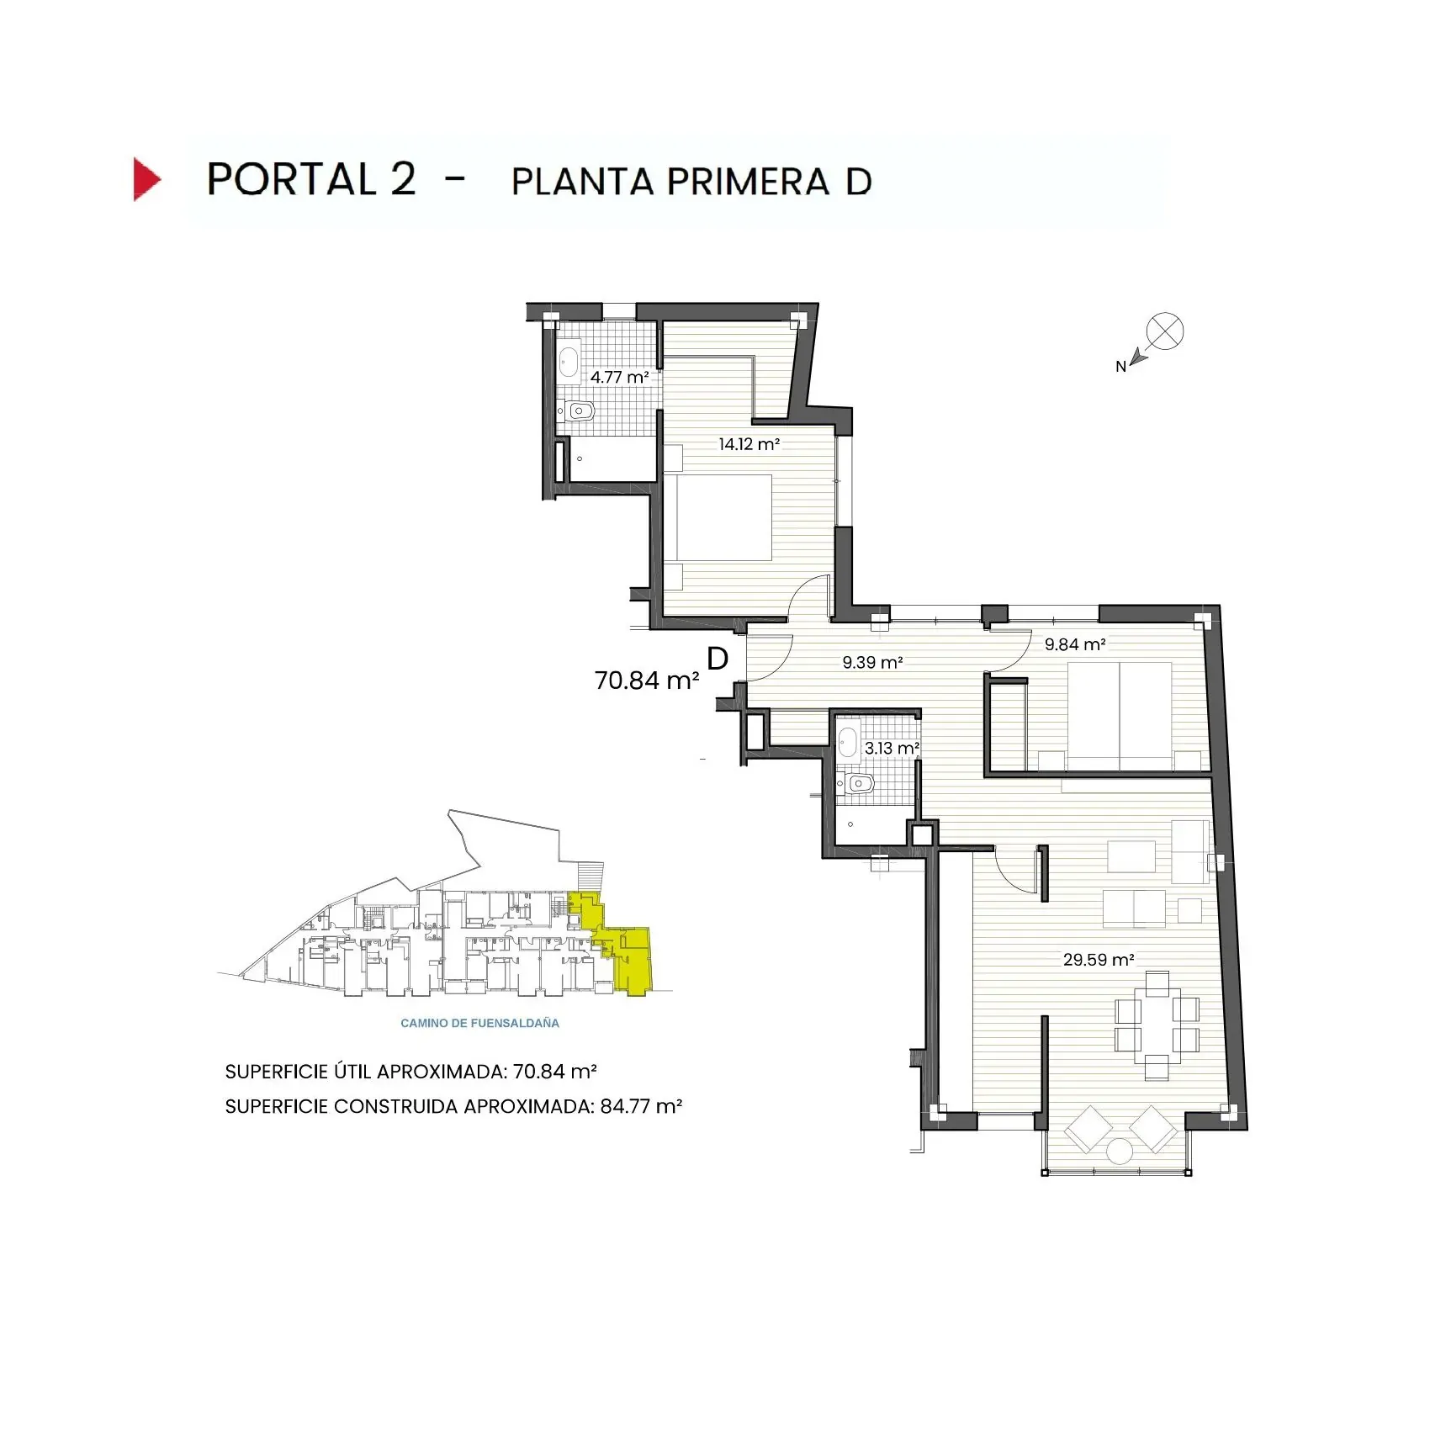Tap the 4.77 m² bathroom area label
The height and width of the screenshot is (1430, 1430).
(619, 378)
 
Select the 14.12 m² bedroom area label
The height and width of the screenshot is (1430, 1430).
(749, 444)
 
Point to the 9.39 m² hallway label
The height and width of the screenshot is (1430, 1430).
(872, 663)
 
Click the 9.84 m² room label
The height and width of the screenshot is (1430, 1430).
(1075, 644)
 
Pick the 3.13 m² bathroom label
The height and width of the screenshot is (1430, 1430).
(892, 748)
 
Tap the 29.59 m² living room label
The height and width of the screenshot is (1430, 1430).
(1099, 960)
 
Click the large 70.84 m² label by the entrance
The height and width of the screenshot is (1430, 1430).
(647, 681)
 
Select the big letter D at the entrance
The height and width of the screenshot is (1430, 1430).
(718, 659)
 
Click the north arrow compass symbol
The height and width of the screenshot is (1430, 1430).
(1164, 331)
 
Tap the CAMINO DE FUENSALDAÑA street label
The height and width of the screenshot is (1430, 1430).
(479, 1023)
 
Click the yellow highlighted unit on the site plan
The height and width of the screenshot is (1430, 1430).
(632, 959)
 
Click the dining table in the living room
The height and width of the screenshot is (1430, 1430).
(1157, 1025)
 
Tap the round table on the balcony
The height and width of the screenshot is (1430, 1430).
(1120, 1151)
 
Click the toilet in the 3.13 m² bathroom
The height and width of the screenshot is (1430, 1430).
(858, 784)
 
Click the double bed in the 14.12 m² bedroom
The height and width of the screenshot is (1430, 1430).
(719, 517)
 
